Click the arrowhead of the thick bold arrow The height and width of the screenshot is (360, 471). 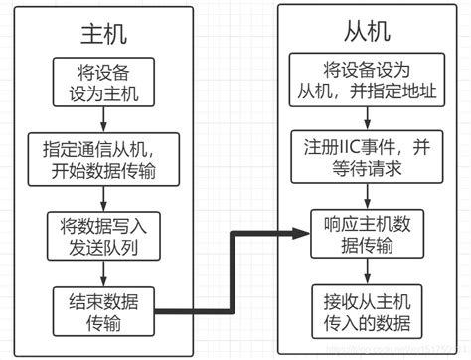click(x=302, y=234)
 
